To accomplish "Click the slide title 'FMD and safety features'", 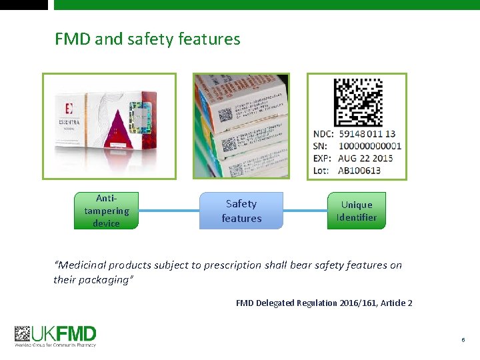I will [x=147, y=39].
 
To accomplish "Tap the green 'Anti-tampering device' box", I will [x=107, y=211].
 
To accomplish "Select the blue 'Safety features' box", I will [x=241, y=211].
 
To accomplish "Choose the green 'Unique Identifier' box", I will [x=357, y=211].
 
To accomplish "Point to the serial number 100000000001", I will [x=370, y=146].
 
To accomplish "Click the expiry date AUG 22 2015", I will [x=365, y=158].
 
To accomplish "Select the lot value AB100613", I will [x=360, y=170].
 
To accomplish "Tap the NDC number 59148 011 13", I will [x=367, y=134].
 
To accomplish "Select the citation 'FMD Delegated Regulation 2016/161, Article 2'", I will [x=324, y=303].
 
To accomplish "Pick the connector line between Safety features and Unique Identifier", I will [x=305, y=211].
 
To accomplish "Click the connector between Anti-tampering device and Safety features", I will [x=169, y=211].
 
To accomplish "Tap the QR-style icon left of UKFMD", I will [x=23, y=333].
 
